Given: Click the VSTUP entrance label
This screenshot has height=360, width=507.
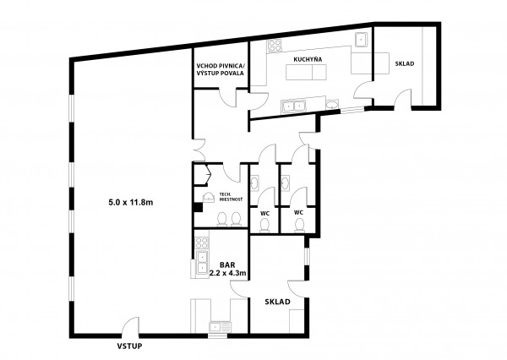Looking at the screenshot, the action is (129, 346).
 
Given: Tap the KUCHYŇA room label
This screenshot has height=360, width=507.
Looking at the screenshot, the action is (308, 59).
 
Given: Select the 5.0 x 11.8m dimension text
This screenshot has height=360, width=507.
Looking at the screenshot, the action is (131, 203).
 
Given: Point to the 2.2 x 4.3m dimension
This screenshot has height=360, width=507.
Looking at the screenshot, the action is (228, 273).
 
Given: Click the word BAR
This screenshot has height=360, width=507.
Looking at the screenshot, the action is (227, 265).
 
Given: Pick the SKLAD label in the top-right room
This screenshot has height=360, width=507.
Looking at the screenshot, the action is (405, 63).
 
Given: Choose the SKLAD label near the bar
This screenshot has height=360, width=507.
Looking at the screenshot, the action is (277, 302).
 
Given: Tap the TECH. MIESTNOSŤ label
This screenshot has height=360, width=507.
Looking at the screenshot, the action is (231, 197).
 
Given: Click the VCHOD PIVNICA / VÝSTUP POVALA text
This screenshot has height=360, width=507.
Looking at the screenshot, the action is (221, 69).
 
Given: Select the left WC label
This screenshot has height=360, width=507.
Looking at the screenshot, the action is (264, 214).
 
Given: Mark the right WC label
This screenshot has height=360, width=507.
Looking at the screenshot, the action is (298, 212).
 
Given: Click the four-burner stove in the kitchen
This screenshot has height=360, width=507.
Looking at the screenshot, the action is (275, 46).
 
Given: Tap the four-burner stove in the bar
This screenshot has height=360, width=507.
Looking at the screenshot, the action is (202, 243).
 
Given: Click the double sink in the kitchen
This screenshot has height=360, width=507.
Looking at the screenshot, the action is (293, 106).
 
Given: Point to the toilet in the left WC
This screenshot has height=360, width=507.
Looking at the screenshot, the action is (264, 225).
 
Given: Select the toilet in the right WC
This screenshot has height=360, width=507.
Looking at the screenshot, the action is (299, 225).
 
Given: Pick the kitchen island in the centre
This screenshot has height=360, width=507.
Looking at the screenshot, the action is (307, 72).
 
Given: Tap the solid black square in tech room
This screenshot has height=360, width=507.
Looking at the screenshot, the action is (198, 208).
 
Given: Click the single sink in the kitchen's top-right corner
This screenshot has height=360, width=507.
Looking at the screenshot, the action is (360, 40).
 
